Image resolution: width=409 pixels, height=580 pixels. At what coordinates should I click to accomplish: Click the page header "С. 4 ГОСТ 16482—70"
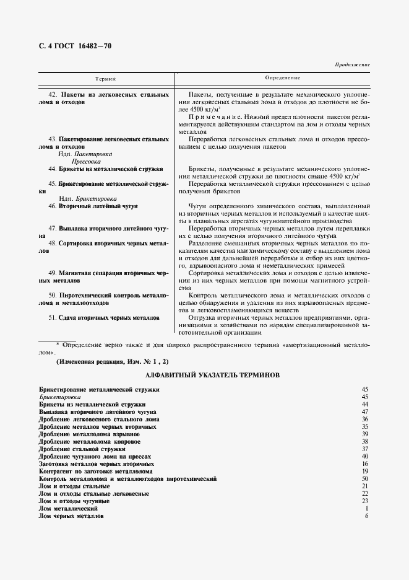click(x=75, y=46)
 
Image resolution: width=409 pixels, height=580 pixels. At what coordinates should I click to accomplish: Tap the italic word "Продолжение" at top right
click(x=352, y=64)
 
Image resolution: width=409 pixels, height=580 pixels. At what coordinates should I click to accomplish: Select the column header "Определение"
click(x=282, y=78)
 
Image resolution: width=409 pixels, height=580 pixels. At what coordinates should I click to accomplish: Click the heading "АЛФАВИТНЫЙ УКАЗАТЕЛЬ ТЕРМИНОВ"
click(x=213, y=376)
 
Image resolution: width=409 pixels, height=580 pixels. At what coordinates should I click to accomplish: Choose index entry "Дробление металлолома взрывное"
click(x=89, y=434)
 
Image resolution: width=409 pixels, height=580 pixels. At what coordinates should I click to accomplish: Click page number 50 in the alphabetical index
click(x=365, y=479)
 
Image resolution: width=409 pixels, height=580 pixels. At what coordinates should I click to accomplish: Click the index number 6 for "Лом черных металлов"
click(x=367, y=516)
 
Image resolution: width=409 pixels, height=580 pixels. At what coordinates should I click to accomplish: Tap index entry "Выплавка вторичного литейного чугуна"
click(x=97, y=411)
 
